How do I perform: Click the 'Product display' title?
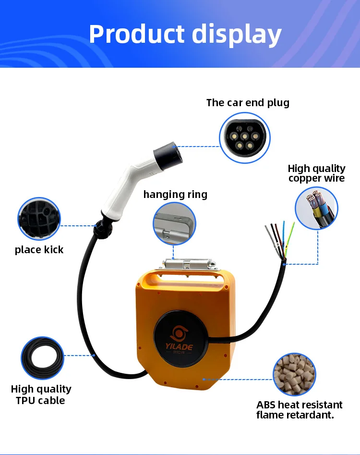pyautogui.click(x=185, y=34)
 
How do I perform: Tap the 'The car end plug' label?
pyautogui.click(x=248, y=102)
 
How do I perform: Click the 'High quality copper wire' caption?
pyautogui.click(x=316, y=173)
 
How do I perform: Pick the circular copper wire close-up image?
pyautogui.click(x=316, y=208)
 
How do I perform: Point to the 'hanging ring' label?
pyautogui.click(x=175, y=194)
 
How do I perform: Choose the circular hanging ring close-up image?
pyautogui.click(x=175, y=224)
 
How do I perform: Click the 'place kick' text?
pyautogui.click(x=39, y=249)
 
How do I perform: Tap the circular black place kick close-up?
pyautogui.click(x=39, y=219)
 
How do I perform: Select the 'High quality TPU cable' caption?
pyautogui.click(x=41, y=394)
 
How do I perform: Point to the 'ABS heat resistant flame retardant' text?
pyautogui.click(x=300, y=410)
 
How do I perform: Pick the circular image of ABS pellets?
pyautogui.click(x=295, y=374)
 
